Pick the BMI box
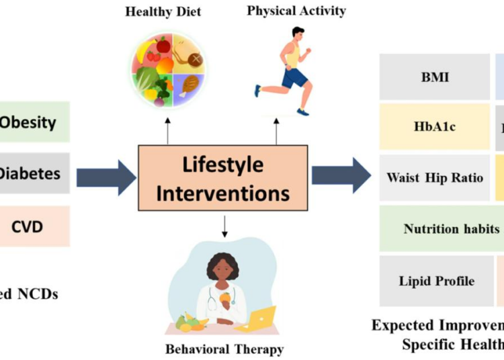434,77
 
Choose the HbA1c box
434,126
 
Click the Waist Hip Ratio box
434,178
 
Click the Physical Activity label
296,11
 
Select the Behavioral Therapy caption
224,349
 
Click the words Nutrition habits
452,228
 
